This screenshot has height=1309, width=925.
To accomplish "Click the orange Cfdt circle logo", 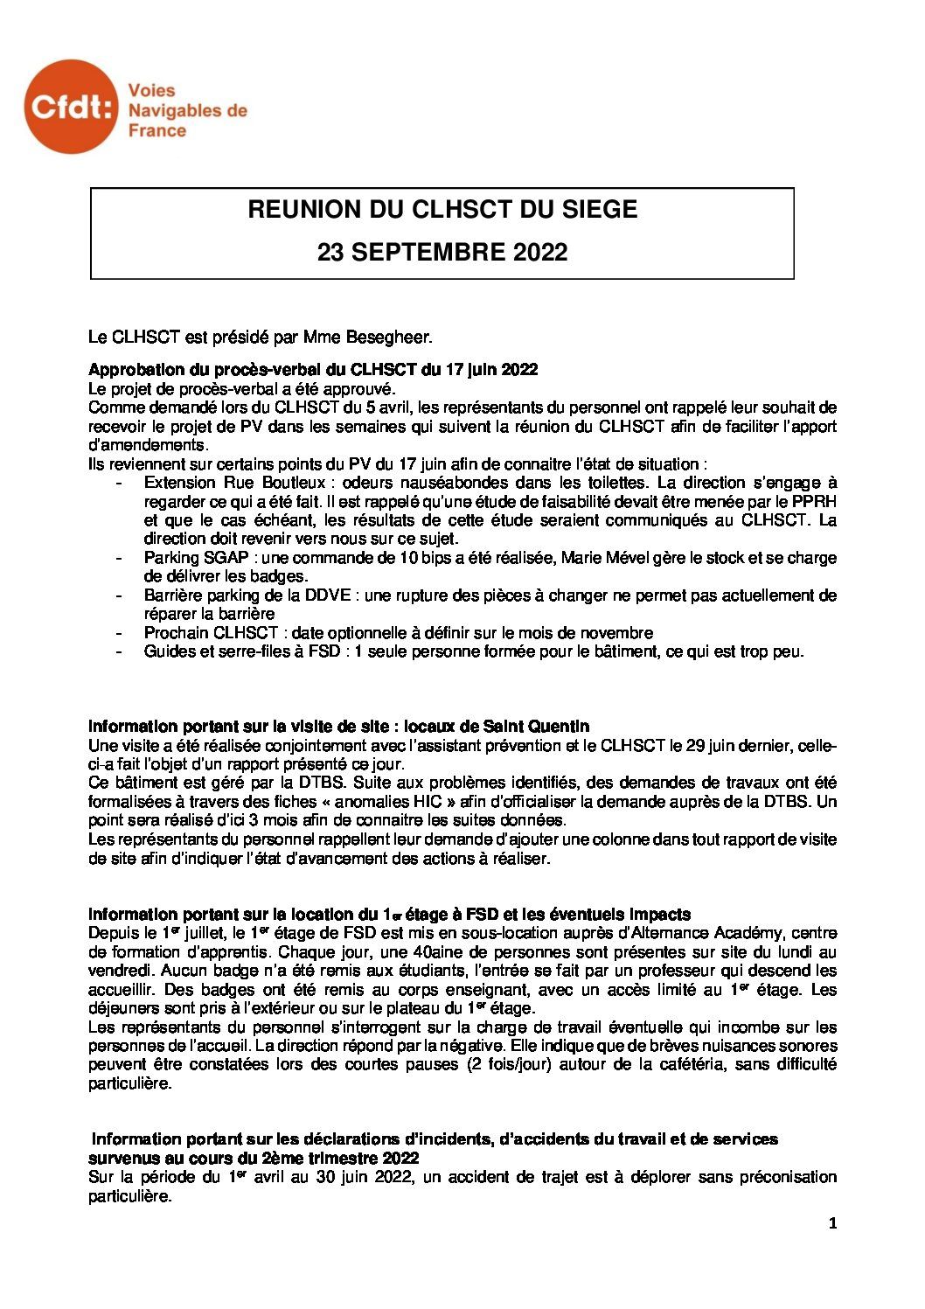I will coord(72,106).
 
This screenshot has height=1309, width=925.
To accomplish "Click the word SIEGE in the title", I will coord(601,210).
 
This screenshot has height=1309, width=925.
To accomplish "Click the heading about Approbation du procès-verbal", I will coord(313,369).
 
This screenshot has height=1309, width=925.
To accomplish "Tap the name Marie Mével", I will coord(603,558).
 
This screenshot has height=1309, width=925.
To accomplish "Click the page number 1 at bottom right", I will coord(832,1225).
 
